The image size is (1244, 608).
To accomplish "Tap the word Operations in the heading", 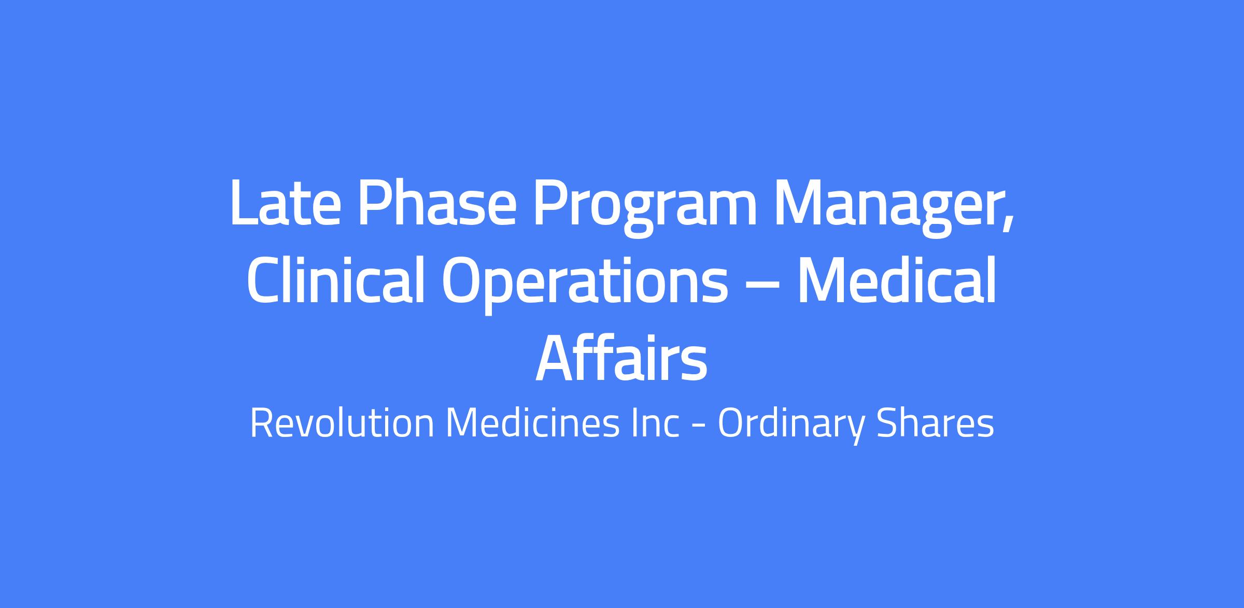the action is click(x=585, y=285).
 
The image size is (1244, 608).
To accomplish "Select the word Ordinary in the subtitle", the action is click(x=791, y=427).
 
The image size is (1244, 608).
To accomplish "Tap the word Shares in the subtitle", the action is click(x=935, y=423).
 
